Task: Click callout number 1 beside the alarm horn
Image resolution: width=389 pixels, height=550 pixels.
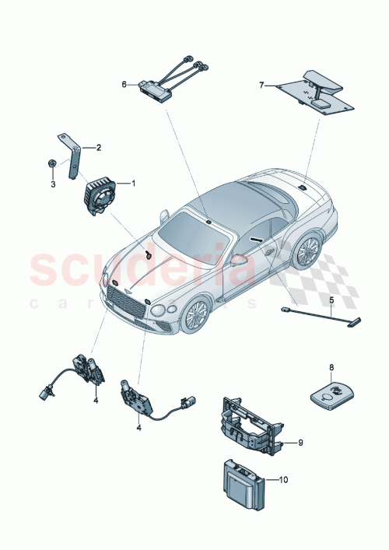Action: pos(133,184)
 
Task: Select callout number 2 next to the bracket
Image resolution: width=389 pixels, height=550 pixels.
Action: pos(98,146)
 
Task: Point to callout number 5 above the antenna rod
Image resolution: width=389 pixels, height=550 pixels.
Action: pos(330,299)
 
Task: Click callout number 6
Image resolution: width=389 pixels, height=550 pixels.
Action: pos(124,83)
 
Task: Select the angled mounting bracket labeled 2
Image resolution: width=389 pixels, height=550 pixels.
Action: pos(75,159)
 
